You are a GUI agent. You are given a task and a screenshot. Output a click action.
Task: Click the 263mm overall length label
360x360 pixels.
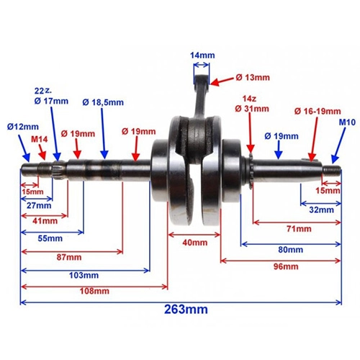186,310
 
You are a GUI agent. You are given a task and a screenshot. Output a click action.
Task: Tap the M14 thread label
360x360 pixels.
40,139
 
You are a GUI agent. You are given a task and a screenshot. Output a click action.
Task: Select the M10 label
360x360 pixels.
347,122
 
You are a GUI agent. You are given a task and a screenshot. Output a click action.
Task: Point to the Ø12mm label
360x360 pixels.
23,127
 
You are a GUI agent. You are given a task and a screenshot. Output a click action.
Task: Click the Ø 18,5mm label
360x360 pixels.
103,102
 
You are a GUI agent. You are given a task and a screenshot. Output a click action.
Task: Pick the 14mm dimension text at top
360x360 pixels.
202,55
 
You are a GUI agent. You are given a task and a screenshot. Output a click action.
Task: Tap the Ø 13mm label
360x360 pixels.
253,77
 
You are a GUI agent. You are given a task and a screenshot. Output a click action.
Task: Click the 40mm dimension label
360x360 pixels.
195,243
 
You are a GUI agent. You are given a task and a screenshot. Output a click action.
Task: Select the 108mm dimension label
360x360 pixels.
94,291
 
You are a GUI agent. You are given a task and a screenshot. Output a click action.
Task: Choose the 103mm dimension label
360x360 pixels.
84,275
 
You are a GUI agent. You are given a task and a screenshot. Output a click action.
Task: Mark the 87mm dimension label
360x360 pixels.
69,257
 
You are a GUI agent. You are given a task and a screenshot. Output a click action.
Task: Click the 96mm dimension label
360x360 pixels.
286,266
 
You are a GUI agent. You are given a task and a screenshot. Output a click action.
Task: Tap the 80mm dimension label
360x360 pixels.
291,250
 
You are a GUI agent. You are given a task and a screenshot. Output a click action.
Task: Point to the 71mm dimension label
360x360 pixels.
299,229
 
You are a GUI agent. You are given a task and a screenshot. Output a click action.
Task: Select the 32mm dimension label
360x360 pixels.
321,210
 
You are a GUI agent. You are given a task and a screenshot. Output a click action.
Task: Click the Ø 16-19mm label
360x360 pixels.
318,112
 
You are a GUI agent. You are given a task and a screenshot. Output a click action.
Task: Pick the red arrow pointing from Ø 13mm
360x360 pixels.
221,81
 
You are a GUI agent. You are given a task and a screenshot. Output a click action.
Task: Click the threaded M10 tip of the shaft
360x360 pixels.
332,171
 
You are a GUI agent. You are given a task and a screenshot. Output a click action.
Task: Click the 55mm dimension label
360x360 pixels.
50,238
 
